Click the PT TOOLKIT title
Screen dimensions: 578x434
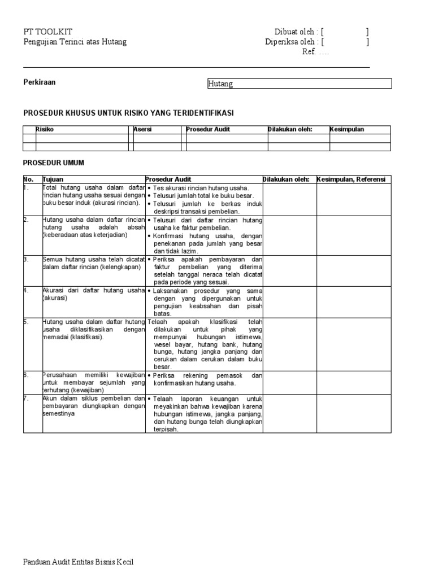[47, 32]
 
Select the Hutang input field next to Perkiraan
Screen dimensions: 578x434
[299, 84]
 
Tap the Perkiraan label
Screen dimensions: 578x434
[39, 82]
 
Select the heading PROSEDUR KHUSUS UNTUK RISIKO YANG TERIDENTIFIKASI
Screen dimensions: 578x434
[128, 113]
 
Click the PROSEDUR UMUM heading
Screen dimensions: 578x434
[54, 163]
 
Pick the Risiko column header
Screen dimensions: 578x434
[45, 129]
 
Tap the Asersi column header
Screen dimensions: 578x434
[142, 129]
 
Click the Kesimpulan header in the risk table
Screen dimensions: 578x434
[347, 129]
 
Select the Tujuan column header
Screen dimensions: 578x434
[53, 179]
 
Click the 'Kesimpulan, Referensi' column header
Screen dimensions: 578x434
[351, 179]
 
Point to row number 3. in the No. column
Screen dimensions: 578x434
[26, 259]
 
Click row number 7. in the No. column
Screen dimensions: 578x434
[26, 398]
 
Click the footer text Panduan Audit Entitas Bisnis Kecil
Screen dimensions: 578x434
[79, 562]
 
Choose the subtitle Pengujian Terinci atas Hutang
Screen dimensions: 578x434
[75, 42]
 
